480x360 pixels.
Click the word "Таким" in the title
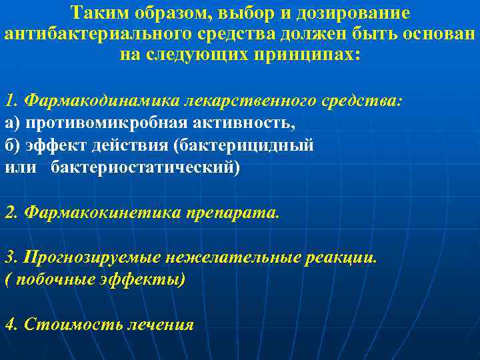(x=98, y=13)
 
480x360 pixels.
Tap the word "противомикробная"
(x=95, y=123)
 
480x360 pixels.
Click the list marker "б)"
(x=13, y=145)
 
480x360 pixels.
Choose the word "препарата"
(x=235, y=213)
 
